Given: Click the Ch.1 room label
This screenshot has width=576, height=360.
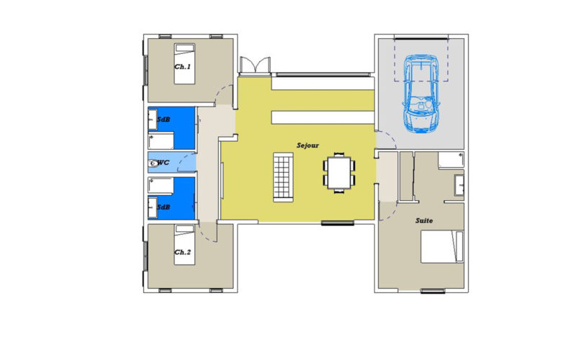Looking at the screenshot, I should pos(183,67).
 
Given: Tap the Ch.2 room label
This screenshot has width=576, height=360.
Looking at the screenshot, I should pos(183,252).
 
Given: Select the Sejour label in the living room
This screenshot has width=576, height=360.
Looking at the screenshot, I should pos(307,145).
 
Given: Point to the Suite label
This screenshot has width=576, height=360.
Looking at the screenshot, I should pos(424,220).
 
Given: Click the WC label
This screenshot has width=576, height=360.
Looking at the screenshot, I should pos(163,163).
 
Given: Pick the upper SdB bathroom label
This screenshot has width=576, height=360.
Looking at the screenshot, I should pos(163,119).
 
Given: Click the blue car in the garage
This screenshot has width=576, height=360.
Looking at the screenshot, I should pos(421,94).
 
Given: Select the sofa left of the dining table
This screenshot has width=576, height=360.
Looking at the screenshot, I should pos(282,178).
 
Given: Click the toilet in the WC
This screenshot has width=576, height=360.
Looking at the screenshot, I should pos(153,163).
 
